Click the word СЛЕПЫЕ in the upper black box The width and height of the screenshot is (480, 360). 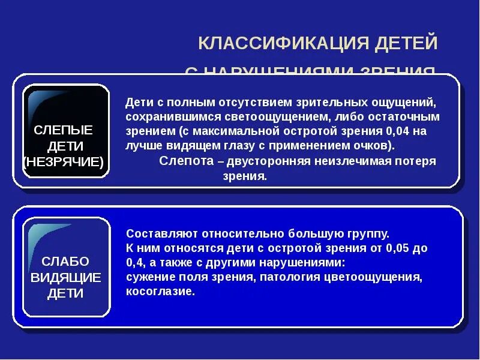tap(63, 130)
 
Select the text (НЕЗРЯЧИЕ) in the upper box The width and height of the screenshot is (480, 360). tap(64, 162)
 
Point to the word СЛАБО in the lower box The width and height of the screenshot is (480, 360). tap(65, 262)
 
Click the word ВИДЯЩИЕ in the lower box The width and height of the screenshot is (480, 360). tap(65, 277)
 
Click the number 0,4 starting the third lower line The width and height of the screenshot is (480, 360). tap(135, 262)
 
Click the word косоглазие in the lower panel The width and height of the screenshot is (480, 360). tap(160, 291)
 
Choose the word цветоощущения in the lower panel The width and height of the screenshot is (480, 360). tap(382, 277)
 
